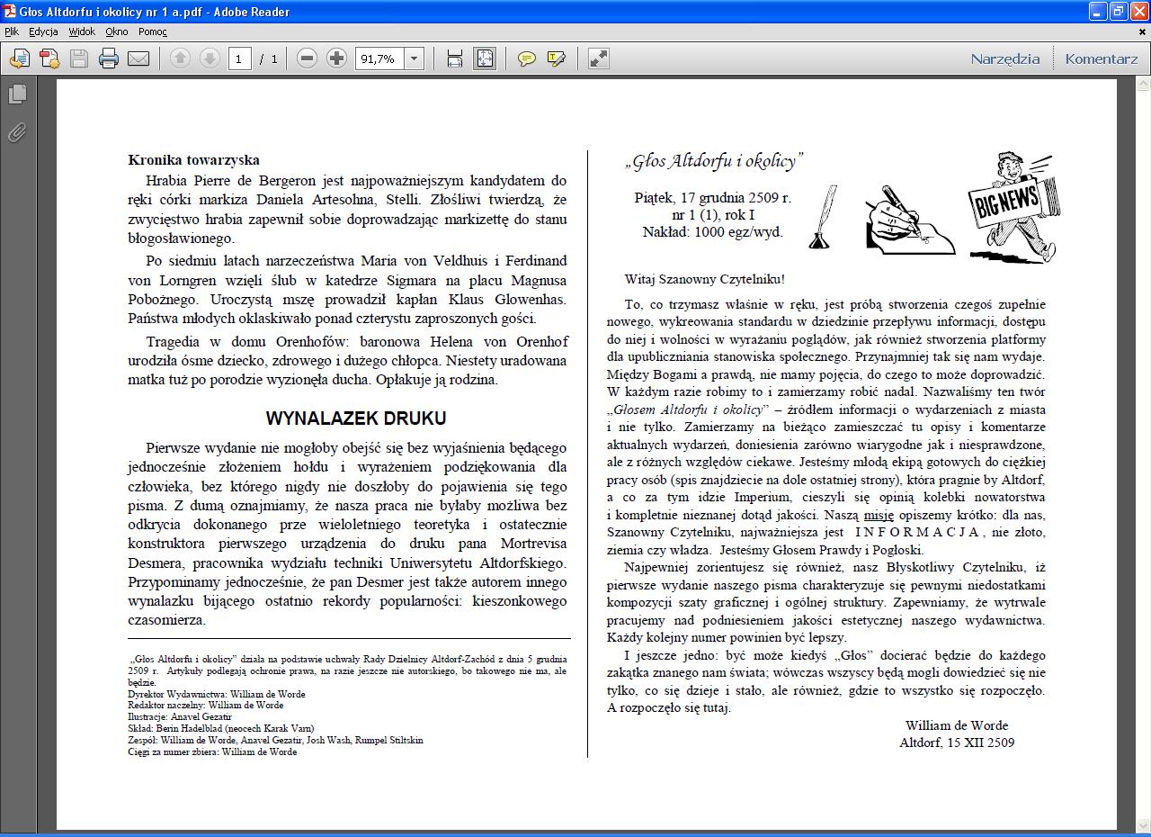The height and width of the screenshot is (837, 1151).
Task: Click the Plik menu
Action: click(x=12, y=31)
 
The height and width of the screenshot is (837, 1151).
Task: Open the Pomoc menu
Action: click(x=153, y=31)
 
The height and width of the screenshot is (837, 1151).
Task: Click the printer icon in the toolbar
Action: click(x=109, y=58)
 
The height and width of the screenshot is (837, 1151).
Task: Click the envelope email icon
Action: click(x=138, y=58)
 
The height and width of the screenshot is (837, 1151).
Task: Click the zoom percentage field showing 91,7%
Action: click(x=379, y=58)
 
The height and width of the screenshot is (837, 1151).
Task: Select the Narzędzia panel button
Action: click(x=1004, y=58)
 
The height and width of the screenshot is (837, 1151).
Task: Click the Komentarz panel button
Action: click(x=1101, y=58)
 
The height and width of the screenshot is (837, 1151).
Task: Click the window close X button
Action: click(x=1138, y=12)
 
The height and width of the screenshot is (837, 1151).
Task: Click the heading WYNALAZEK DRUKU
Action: click(x=355, y=418)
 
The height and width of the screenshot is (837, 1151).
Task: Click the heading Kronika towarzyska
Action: click(x=193, y=160)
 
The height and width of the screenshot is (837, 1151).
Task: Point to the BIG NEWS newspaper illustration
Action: click(x=1009, y=207)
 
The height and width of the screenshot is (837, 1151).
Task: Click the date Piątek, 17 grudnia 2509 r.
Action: click(x=712, y=197)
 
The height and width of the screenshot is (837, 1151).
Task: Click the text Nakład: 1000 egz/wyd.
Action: click(x=712, y=231)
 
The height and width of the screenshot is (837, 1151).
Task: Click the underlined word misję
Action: click(x=879, y=515)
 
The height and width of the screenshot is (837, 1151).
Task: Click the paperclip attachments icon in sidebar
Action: click(x=17, y=132)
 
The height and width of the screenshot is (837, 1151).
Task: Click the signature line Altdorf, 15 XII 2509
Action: click(x=957, y=742)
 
